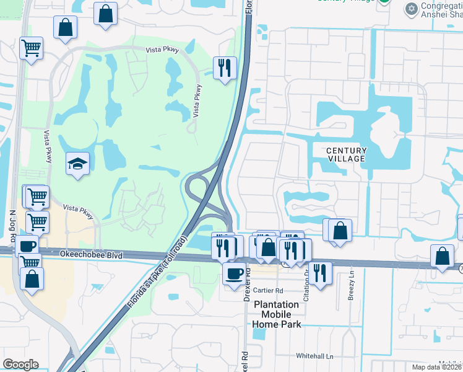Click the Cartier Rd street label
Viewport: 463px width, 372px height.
(268, 290)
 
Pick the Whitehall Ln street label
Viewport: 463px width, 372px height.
(314, 356)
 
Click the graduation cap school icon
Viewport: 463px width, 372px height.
(77, 164)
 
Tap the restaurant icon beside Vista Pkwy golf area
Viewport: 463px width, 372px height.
(225, 66)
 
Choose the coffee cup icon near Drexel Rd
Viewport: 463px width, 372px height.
(234, 273)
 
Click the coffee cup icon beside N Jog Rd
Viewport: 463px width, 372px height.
(27, 246)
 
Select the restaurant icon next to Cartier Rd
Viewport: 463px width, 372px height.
(320, 273)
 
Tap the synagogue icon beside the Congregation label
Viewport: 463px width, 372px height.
(410, 9)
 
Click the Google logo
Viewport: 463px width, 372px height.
(20, 365)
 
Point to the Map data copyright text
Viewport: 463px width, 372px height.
(437, 367)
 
